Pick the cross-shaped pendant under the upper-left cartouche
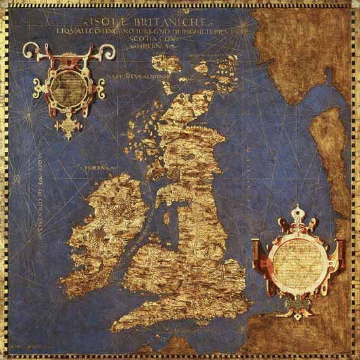pyautogui.click(x=68, y=126)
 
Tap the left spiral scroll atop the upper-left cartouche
pyautogui.click(x=31, y=51)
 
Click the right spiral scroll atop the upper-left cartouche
pyautogui.click(x=105, y=51)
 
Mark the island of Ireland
pyautogui.click(x=105, y=226)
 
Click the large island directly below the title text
pyautogui.click(x=166, y=63)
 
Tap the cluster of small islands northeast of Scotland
pyautogui.click(x=223, y=65)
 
